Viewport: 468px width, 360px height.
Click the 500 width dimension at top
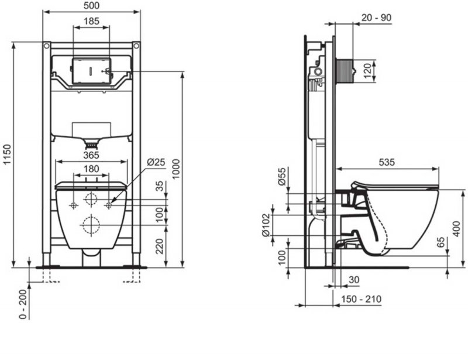click(x=91, y=5)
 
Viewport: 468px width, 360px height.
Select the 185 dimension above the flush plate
click(x=91, y=21)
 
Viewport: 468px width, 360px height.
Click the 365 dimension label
click(x=90, y=155)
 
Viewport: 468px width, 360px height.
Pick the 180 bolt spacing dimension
click(x=90, y=169)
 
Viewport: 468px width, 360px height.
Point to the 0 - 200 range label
click(x=23, y=303)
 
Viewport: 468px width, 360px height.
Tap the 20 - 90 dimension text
click(x=376, y=18)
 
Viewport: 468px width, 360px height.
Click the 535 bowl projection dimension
click(x=387, y=162)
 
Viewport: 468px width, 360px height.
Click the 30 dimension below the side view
click(x=355, y=280)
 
